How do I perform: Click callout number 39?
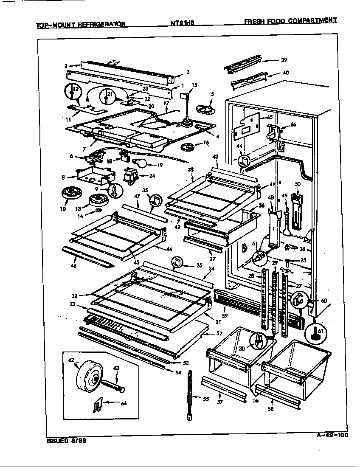284,60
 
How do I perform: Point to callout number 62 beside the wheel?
71,360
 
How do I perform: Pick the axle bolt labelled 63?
114,386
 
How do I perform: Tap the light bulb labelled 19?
140,163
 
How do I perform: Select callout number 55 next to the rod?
205,399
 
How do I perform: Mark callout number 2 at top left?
66,66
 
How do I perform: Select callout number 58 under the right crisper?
270,409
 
